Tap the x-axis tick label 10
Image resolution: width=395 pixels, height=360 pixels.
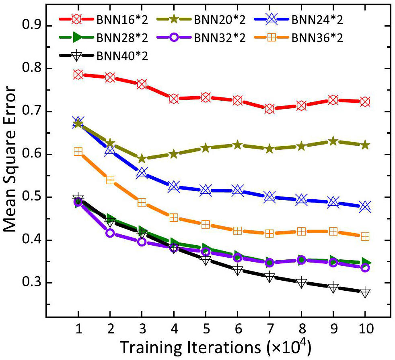click(365, 328)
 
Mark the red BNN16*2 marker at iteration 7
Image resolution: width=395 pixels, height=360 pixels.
click(270, 109)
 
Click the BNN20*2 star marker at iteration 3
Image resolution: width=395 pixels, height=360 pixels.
click(142, 159)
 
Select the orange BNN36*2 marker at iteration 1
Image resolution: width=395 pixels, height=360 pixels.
click(78, 151)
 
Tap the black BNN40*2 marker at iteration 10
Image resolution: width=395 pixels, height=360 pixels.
click(365, 293)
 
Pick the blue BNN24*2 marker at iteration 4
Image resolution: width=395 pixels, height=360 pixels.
click(174, 186)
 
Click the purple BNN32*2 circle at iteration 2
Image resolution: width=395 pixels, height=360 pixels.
click(110, 233)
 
